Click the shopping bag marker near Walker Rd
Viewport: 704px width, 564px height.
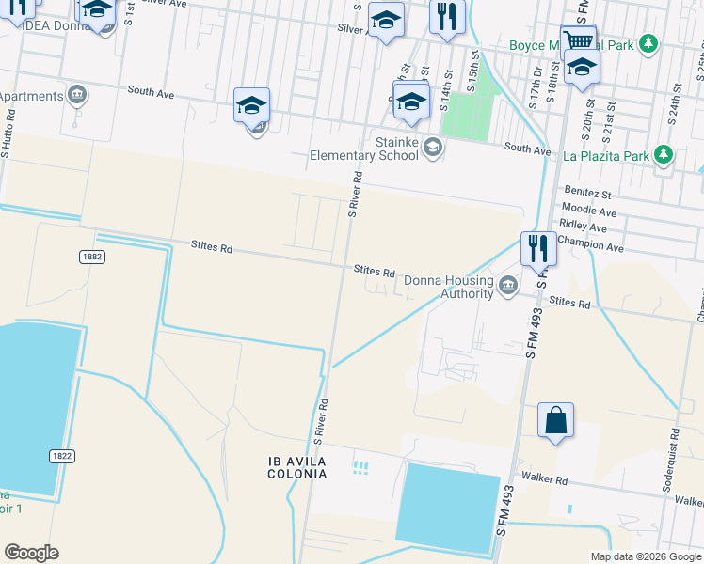tap(555, 420)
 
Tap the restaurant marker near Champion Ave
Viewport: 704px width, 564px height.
tap(537, 249)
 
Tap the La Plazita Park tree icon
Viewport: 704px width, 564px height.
tap(664, 154)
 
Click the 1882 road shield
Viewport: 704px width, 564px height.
tap(91, 257)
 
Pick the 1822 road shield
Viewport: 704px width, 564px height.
tap(62, 455)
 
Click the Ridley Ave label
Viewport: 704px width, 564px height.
tap(584, 227)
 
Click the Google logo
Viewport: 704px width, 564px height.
tap(31, 552)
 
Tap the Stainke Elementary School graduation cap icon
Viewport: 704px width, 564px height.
tap(433, 146)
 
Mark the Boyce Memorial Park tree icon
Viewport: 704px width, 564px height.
tap(648, 43)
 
